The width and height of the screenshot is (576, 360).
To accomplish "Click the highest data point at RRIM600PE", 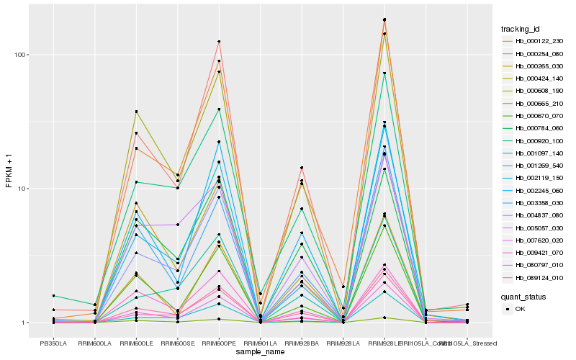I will (x=219, y=42).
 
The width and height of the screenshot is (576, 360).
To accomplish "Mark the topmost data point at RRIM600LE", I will (x=136, y=112).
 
